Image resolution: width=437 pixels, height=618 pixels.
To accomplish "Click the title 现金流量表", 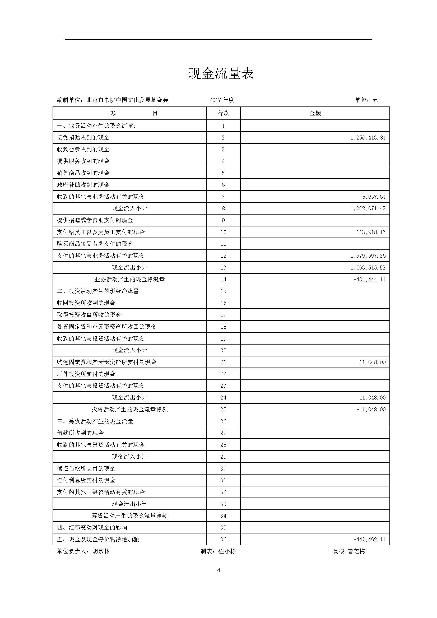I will (x=221, y=73).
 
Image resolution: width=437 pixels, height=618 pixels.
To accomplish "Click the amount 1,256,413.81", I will (x=368, y=138).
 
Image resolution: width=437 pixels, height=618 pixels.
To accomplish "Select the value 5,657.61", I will (x=374, y=197).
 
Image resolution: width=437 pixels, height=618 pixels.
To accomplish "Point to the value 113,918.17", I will (x=371, y=232).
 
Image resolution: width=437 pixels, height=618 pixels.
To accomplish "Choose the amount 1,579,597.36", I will (x=368, y=256).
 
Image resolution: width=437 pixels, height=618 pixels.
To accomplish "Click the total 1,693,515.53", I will (x=368, y=268).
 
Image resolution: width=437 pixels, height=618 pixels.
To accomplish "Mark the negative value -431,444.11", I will (x=369, y=280).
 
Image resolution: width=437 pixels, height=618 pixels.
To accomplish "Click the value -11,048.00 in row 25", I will (x=371, y=409).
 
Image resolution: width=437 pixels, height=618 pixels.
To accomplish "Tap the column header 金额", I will (x=315, y=113).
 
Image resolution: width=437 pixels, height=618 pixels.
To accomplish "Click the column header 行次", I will (x=223, y=113).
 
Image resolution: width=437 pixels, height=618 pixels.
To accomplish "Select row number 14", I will (x=223, y=280).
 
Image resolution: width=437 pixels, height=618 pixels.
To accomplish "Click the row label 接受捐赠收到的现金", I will (x=83, y=138).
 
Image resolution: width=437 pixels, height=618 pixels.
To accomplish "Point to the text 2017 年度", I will (x=222, y=100).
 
